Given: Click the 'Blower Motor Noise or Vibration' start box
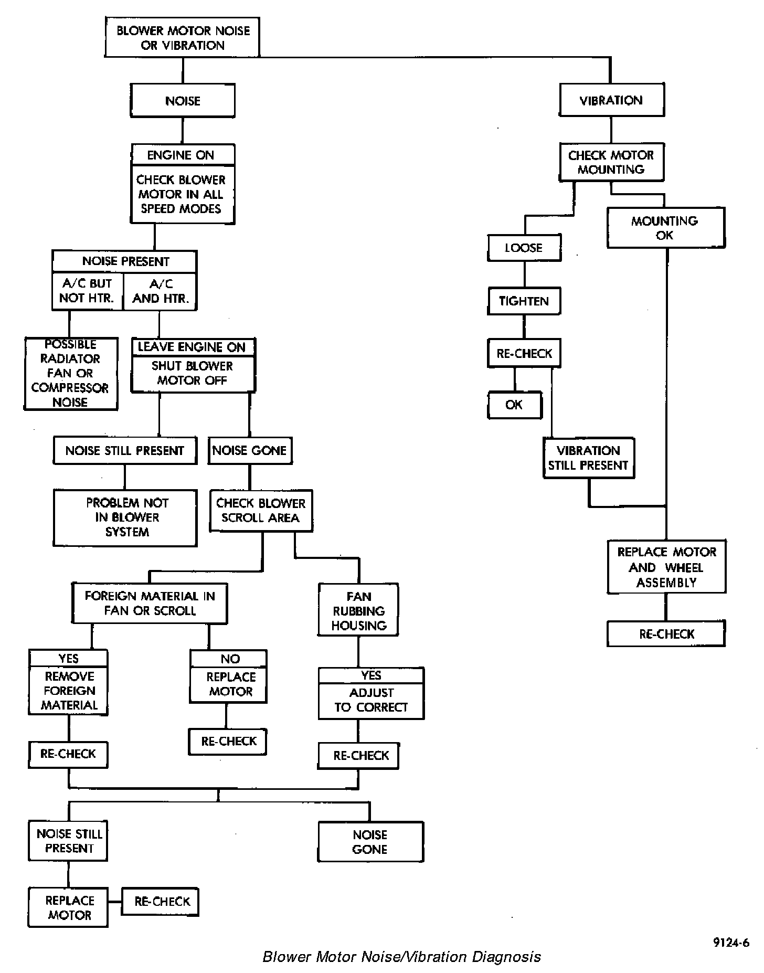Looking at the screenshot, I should (x=183, y=38).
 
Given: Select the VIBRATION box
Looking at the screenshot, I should (x=611, y=100).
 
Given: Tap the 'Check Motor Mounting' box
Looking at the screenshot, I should (x=611, y=162).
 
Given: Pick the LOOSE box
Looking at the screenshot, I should (x=524, y=248).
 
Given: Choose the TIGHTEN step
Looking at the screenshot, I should (x=524, y=301).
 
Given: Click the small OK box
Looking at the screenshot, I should (x=514, y=405).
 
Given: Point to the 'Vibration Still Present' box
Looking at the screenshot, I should (x=588, y=458).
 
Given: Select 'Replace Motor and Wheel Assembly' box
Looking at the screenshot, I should (x=666, y=567).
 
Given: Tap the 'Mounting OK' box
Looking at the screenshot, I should (x=665, y=228).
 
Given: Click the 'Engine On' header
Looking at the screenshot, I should (x=181, y=155).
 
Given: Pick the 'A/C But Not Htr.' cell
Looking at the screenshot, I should (x=87, y=291).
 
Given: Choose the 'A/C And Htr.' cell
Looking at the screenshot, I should (x=161, y=291).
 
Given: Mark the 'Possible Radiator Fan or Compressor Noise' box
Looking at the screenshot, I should (x=70, y=374).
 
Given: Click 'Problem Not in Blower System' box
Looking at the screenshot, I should (x=126, y=517).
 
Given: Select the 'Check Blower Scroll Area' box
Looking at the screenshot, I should (x=261, y=511).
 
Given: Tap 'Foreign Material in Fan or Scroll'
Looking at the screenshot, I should (x=150, y=604).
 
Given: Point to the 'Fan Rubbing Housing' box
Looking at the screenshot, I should (x=358, y=611).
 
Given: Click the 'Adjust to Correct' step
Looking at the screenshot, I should (x=371, y=700).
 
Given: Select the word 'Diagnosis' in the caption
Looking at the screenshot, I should (x=506, y=957).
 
